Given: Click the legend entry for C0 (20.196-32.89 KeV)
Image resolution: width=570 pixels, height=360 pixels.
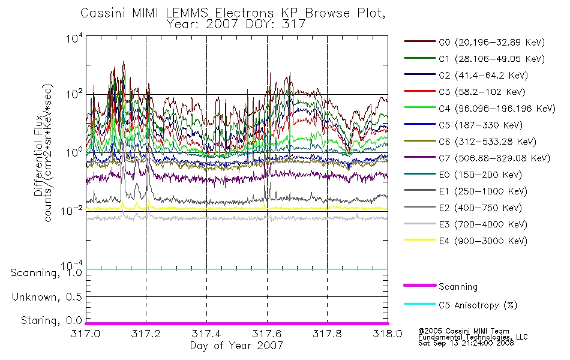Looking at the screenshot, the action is (x=474, y=42).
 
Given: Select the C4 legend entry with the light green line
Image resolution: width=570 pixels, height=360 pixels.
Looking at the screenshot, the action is (x=479, y=109).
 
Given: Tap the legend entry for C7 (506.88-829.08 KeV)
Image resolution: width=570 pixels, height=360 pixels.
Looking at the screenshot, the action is (x=477, y=158).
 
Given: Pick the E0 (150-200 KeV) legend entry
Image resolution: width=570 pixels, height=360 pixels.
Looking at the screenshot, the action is (x=463, y=175).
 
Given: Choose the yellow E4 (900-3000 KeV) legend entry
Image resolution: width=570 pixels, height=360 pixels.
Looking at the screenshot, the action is (x=466, y=241).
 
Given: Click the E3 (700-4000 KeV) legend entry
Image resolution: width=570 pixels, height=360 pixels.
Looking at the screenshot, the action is (x=466, y=224).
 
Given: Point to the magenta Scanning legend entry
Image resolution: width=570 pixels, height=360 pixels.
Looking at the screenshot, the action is (x=440, y=287).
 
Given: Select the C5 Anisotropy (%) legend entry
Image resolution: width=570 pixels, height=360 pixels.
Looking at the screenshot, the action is (x=460, y=305).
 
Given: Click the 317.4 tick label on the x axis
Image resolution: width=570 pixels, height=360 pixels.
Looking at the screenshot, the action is (x=206, y=334).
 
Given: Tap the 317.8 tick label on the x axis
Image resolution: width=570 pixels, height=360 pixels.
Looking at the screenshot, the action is (x=327, y=334).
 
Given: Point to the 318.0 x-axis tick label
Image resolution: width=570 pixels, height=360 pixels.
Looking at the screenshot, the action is (x=388, y=334).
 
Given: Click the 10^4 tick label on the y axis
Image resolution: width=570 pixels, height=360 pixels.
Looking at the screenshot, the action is (x=74, y=38).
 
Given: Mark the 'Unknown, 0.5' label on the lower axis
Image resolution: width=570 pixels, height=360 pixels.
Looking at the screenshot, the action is (x=47, y=297).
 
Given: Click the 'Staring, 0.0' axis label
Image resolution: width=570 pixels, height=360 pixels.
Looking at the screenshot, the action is (x=51, y=320).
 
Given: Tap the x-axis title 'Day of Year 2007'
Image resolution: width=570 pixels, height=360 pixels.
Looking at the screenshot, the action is (x=236, y=346).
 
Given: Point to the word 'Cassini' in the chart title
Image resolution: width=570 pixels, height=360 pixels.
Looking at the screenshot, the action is (x=103, y=13).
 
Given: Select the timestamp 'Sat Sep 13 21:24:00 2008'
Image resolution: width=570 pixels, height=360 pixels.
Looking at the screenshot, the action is (x=466, y=343).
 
